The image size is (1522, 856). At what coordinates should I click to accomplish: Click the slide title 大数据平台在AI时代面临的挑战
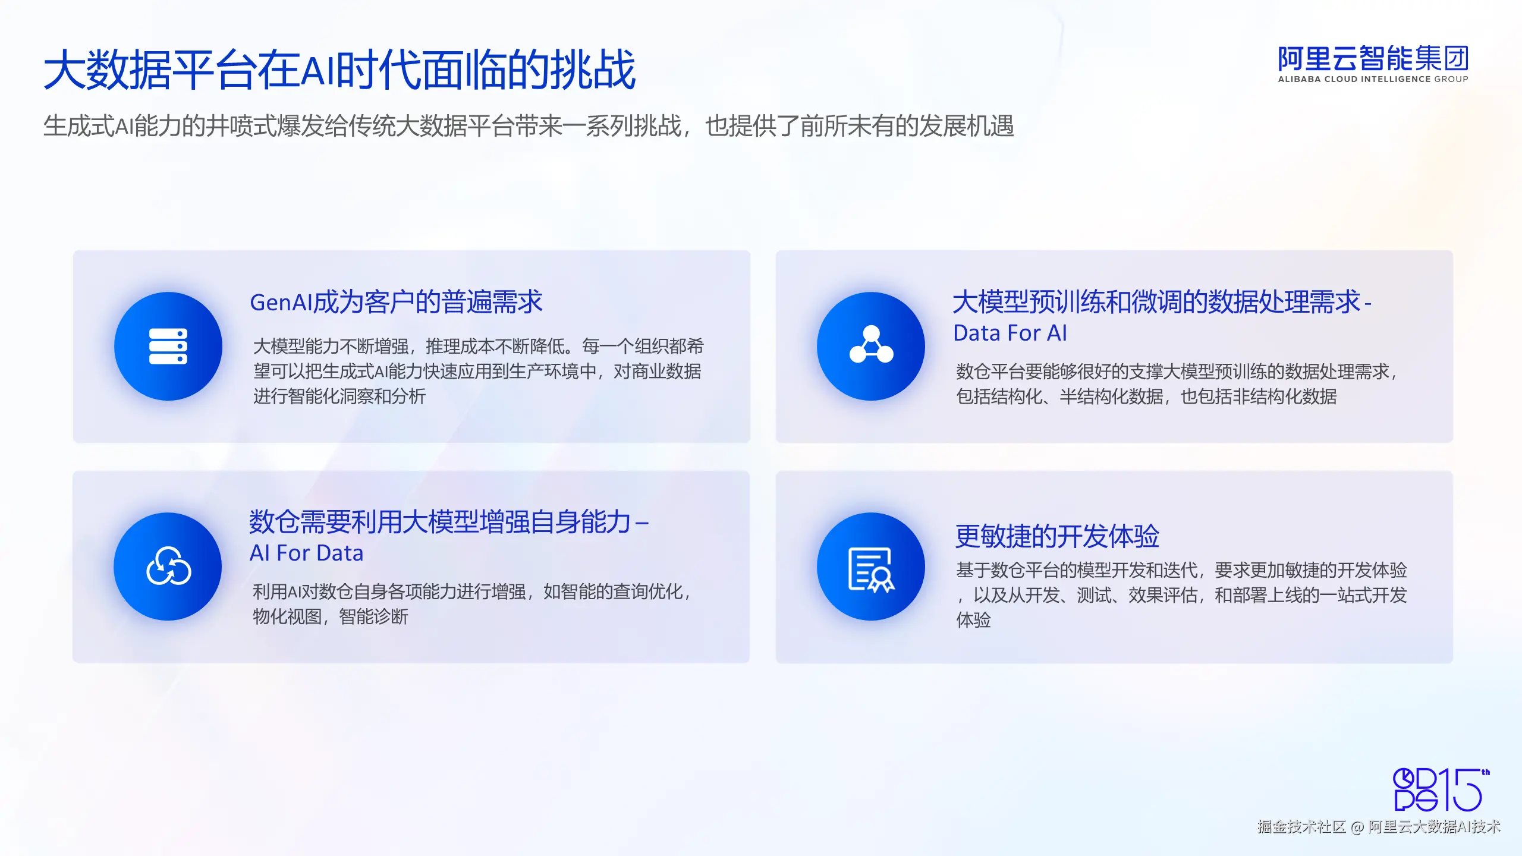tap(340, 70)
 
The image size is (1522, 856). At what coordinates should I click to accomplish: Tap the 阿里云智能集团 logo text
tap(1373, 59)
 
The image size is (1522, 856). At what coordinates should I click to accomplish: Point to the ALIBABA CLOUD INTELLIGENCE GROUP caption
tap(1373, 79)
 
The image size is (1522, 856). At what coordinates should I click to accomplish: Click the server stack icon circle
tap(168, 346)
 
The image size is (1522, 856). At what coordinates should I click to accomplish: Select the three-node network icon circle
tap(871, 346)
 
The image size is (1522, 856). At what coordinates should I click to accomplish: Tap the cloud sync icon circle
tap(168, 567)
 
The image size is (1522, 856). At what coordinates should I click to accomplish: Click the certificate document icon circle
tap(871, 567)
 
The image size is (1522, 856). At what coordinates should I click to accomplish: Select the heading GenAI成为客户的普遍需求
tap(396, 302)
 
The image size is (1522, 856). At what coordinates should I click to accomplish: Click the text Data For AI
tap(1010, 333)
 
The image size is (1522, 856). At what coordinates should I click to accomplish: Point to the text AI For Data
tap(306, 553)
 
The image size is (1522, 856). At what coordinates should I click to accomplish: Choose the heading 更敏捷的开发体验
tap(1057, 536)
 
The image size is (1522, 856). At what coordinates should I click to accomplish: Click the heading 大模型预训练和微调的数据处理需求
tap(1156, 302)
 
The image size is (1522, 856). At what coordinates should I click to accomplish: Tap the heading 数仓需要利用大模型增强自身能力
tap(440, 522)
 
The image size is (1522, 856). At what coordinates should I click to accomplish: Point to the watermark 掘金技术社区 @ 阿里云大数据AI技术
tap(1379, 827)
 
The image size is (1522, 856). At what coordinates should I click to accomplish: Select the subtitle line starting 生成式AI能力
tap(529, 126)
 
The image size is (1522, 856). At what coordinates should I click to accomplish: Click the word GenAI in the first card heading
tap(281, 303)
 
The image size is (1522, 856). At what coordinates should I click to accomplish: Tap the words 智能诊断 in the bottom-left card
tap(373, 616)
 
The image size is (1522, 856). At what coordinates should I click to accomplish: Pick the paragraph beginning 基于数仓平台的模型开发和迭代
tap(1181, 595)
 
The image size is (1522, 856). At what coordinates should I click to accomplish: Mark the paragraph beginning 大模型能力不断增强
tap(479, 371)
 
